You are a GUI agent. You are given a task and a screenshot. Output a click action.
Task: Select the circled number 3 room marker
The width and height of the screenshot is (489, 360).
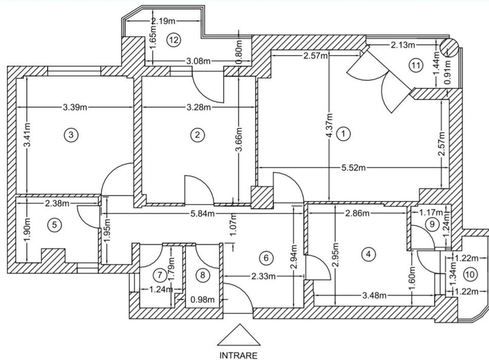tap(71, 135)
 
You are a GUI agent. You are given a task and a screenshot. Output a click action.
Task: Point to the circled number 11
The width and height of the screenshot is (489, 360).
tap(415, 65)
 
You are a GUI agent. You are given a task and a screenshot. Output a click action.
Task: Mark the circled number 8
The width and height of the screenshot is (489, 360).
tap(204, 275)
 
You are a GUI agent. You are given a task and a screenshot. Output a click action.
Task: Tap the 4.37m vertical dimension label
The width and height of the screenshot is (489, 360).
tap(329, 125)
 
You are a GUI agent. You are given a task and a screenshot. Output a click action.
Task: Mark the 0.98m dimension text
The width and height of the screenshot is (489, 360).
tap(202, 298)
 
